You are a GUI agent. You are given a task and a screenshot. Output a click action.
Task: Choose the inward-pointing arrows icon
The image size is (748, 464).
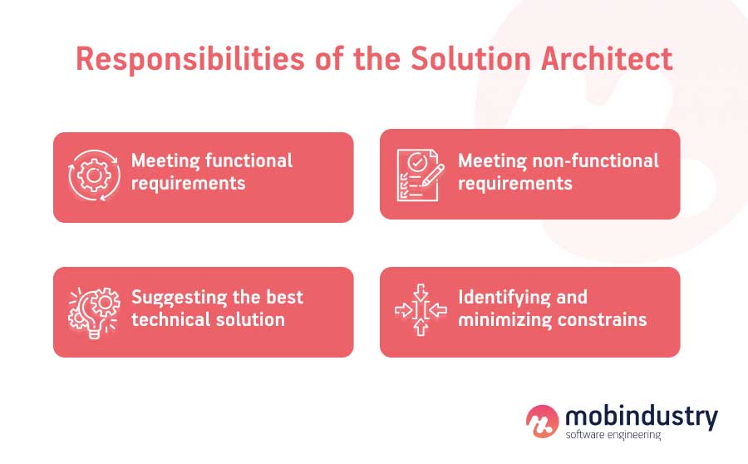pos(421,310)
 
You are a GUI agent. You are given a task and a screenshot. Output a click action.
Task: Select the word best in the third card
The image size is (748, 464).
pos(284,297)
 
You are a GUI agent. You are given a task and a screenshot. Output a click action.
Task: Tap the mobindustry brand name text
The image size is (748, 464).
pos(641,415)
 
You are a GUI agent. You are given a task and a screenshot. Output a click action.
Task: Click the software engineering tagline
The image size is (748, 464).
pos(613,435)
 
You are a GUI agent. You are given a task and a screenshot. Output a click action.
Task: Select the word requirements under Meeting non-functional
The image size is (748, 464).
pos(515,183)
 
